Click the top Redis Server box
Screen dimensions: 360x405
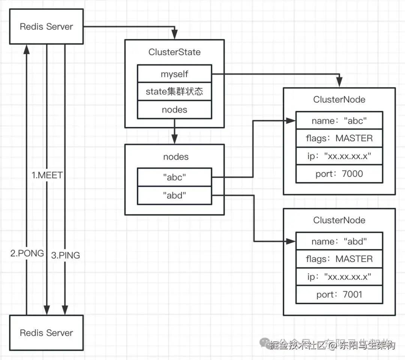pos(46,27)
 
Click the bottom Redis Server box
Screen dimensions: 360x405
pos(46,333)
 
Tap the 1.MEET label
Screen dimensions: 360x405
pos(47,175)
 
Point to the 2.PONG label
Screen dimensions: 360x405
pos(27,253)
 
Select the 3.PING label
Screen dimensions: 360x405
pos(65,255)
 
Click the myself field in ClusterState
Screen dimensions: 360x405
pos(174,74)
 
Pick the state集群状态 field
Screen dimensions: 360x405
pos(174,92)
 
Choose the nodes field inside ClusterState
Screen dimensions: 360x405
pos(174,110)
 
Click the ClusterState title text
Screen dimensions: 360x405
pos(174,52)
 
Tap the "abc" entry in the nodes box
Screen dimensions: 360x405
pos(174,177)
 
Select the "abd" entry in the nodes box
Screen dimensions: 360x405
pos(174,195)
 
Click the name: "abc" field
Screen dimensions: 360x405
pos(339,121)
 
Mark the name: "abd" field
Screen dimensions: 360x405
pos(339,241)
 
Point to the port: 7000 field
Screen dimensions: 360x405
pos(339,173)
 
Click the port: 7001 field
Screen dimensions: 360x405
pos(339,294)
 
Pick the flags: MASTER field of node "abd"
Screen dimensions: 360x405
pos(339,259)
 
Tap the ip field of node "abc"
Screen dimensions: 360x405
pos(339,156)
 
